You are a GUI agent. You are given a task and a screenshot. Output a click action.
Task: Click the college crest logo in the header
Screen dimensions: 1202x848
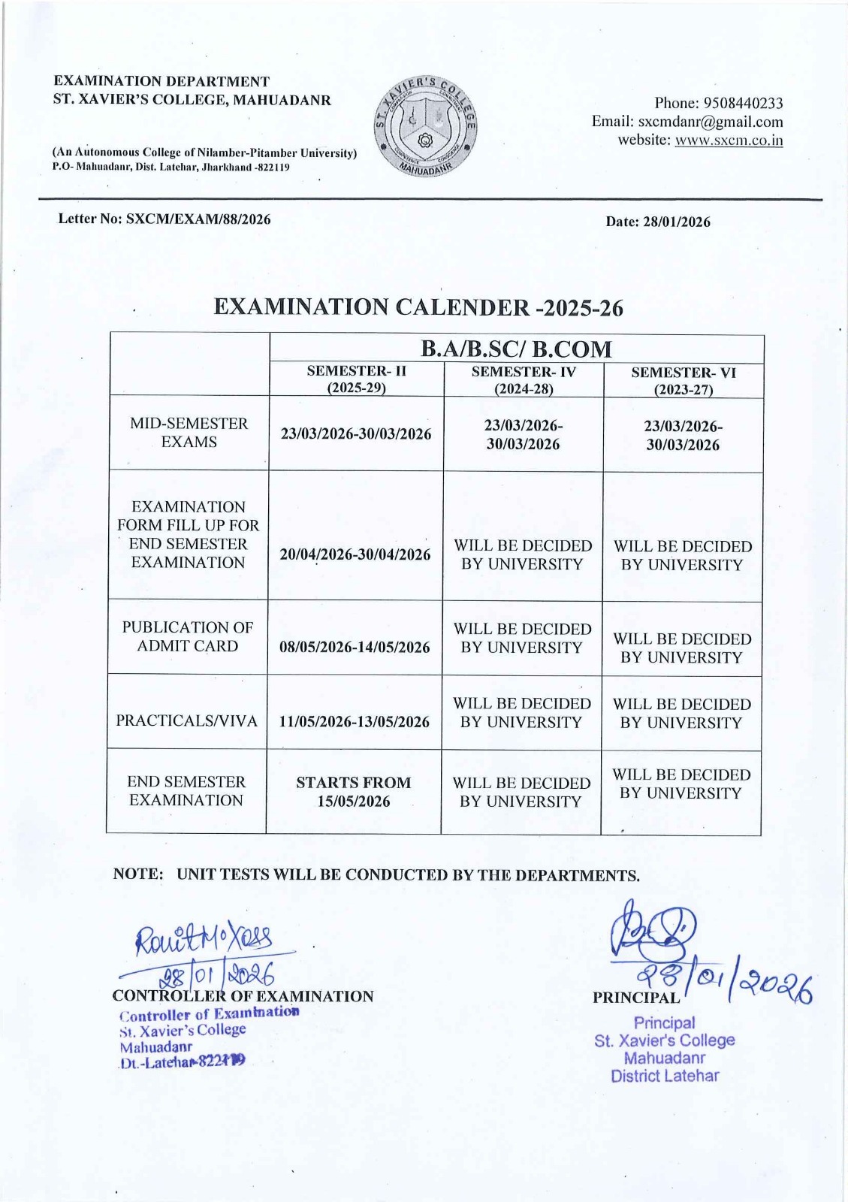pyautogui.click(x=425, y=125)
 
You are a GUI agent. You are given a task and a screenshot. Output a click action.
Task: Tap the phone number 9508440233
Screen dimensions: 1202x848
pyautogui.click(x=740, y=103)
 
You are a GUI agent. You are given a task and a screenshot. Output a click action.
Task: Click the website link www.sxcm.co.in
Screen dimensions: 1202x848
pyautogui.click(x=729, y=140)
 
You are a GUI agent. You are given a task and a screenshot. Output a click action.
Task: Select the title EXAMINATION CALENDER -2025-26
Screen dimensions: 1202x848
pyautogui.click(x=418, y=307)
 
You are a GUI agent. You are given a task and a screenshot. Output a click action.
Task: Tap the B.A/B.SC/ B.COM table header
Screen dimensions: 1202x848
pyautogui.click(x=516, y=349)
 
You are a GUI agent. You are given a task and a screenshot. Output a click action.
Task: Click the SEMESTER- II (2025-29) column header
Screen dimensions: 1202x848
pyautogui.click(x=356, y=379)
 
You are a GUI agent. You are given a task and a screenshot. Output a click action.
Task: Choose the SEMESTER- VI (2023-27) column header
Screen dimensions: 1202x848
pyautogui.click(x=683, y=381)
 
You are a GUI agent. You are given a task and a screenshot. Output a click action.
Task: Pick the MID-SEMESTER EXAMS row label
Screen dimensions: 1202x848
pyautogui.click(x=189, y=433)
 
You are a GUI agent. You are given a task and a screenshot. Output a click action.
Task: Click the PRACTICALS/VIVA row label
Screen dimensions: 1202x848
pyautogui.click(x=186, y=721)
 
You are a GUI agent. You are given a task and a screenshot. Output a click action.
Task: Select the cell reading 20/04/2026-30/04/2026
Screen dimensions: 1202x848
pyautogui.click(x=355, y=554)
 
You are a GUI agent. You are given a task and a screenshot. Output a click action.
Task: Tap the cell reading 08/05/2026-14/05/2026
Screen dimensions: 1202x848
pyautogui.click(x=355, y=647)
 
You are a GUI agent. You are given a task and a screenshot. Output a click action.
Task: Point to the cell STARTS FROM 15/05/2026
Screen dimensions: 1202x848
pyautogui.click(x=353, y=792)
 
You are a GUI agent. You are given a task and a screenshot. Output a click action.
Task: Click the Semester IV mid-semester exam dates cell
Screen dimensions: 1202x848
pyautogui.click(x=523, y=435)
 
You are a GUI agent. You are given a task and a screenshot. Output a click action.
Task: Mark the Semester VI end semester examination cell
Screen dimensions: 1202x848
pyautogui.click(x=681, y=784)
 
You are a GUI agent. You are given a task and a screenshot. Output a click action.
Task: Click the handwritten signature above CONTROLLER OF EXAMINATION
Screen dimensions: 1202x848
pyautogui.click(x=204, y=938)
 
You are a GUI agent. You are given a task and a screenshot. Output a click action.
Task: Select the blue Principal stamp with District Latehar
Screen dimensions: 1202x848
pyautogui.click(x=664, y=1049)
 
